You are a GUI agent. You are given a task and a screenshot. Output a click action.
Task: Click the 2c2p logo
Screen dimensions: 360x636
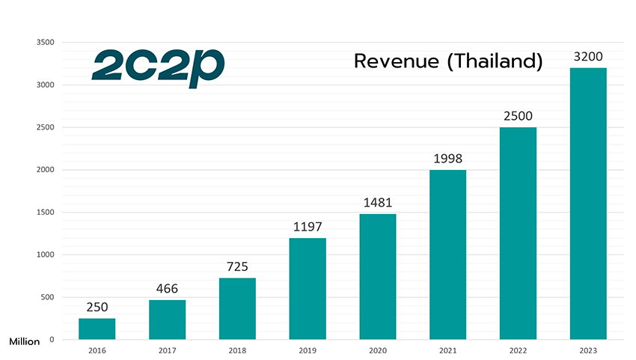(158, 67)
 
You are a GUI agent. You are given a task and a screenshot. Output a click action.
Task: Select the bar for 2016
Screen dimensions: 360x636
(97, 329)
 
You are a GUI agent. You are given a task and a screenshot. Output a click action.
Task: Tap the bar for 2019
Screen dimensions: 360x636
(308, 288)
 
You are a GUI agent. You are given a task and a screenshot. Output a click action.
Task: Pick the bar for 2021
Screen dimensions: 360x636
(448, 254)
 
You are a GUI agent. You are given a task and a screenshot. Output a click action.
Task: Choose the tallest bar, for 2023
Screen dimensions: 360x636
(588, 203)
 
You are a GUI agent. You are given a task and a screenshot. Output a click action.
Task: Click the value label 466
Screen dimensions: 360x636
(167, 289)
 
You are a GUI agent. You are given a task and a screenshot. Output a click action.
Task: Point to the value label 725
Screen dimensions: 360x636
(237, 266)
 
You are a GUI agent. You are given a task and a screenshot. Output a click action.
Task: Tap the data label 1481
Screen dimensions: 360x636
(378, 202)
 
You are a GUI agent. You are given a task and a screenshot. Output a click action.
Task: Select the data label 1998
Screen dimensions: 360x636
(448, 159)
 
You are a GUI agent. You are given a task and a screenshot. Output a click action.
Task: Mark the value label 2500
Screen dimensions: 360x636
(518, 116)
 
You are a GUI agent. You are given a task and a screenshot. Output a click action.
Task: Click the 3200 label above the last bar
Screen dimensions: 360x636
(588, 57)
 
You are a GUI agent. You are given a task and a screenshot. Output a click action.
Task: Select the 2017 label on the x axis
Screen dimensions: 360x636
(167, 349)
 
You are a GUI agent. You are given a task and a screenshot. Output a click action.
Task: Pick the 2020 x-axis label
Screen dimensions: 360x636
(378, 349)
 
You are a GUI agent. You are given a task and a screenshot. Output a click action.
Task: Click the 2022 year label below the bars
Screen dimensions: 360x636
(518, 349)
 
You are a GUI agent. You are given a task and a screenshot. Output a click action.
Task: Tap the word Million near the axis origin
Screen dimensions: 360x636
(25, 341)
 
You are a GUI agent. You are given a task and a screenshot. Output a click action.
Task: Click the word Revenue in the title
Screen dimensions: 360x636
(397, 61)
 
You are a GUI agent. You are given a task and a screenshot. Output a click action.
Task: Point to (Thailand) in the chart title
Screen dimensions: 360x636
(494, 62)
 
